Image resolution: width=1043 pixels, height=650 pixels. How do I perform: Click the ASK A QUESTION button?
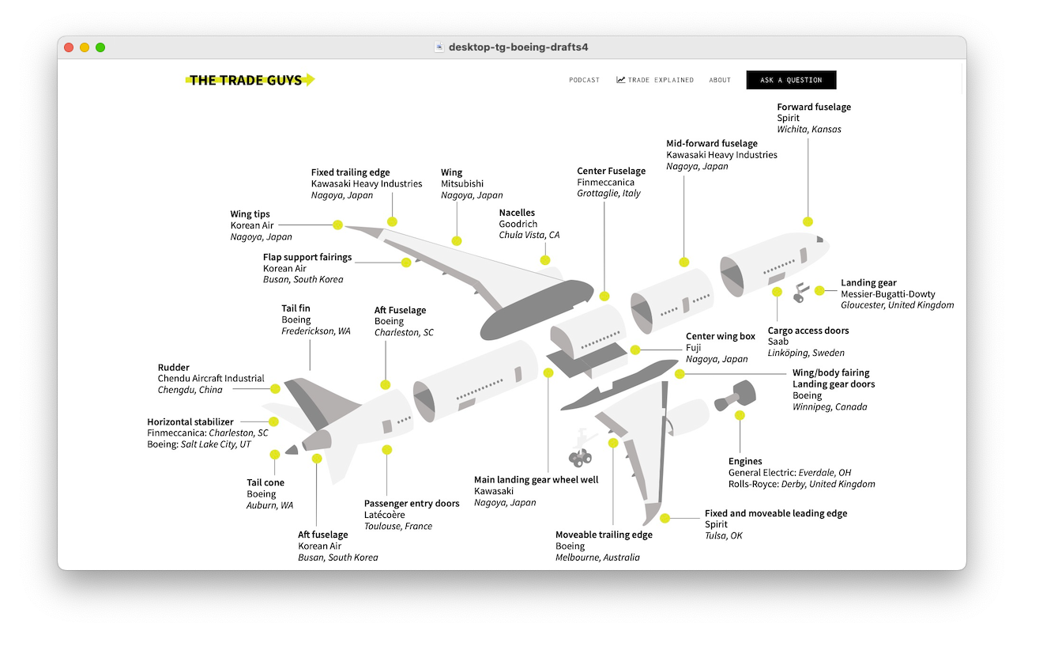791,80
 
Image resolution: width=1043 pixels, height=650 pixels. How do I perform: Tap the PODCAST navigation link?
584,80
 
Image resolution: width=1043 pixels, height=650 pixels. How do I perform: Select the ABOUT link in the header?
720,80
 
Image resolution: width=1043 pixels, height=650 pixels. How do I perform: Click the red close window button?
69,47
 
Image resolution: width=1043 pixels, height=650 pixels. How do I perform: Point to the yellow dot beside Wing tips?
338,225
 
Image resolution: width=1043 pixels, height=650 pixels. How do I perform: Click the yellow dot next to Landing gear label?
819,290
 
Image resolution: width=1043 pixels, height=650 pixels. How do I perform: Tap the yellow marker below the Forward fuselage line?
808,221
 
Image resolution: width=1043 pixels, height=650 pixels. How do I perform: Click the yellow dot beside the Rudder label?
275,389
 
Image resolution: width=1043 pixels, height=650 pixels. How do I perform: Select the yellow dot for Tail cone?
275,455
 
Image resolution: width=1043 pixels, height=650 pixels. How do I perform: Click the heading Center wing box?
720,336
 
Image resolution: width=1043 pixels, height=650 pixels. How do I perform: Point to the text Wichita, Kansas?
808,130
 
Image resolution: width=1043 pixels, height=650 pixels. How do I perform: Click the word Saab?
778,342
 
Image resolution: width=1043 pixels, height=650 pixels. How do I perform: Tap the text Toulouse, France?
397,526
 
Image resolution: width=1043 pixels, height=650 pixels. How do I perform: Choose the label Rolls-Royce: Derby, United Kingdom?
801,484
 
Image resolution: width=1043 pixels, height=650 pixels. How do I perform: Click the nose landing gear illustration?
800,293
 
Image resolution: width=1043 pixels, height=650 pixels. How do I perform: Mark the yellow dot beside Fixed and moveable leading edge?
665,519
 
